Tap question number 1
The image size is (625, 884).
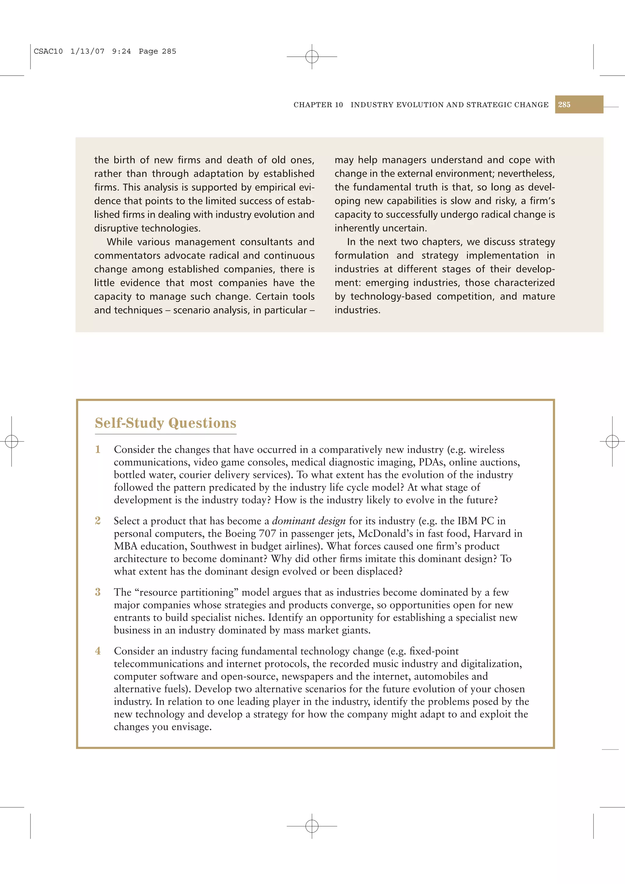click(98, 449)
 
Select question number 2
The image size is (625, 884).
click(98, 520)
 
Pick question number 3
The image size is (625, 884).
click(98, 592)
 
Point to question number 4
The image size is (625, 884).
click(98, 651)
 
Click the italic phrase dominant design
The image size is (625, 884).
click(309, 521)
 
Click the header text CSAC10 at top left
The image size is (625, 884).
click(48, 51)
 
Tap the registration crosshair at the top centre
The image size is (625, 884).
click(312, 57)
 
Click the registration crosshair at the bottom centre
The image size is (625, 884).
click(312, 826)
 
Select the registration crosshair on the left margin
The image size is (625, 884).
click(12, 441)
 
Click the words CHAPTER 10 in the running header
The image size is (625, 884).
click(318, 105)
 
